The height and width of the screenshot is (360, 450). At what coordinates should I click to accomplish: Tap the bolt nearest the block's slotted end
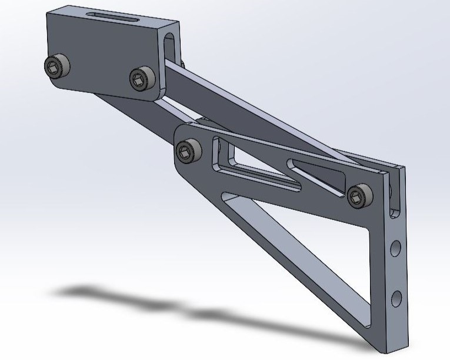pos(142,78)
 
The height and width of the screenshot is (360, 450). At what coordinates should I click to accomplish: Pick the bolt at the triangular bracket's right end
pos(359,196)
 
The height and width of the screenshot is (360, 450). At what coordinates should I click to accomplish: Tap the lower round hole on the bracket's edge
pos(397,296)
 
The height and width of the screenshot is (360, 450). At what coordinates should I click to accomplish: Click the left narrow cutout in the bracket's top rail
pos(253,168)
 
